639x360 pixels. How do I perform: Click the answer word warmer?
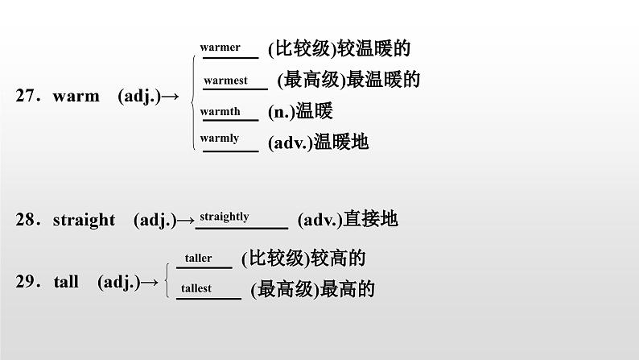[x=220, y=48]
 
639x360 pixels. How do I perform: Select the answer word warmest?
[x=225, y=81]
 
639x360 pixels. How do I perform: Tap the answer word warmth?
[x=220, y=112]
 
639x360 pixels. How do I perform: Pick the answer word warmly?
[x=219, y=139]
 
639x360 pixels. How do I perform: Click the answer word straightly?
[x=224, y=217]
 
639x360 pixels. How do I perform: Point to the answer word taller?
[x=198, y=259]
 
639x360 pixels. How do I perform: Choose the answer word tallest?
[x=196, y=288]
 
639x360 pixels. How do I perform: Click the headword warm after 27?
[x=76, y=97]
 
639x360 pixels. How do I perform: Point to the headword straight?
[x=84, y=220]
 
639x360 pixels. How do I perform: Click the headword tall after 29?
[x=66, y=282]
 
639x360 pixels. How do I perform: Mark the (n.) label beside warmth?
[x=280, y=112]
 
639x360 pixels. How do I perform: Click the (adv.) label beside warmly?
[x=289, y=143]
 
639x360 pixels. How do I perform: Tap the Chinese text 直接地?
[x=370, y=219]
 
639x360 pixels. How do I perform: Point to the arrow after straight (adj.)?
[x=186, y=220]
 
